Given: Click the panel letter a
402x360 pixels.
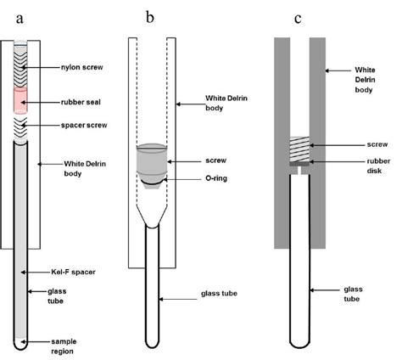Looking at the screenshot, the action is (20, 20).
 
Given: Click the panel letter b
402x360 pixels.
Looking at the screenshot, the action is (150, 18).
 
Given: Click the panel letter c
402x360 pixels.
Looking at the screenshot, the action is (298, 19).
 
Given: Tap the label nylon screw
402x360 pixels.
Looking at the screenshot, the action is (82, 67).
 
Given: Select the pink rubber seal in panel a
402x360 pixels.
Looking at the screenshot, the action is (20, 100).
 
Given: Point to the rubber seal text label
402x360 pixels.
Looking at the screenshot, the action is (81, 102).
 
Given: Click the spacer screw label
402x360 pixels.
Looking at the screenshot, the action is (84, 125).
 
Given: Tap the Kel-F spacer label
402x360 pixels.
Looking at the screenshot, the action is (73, 272).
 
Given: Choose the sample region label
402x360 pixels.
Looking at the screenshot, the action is (64, 346).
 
